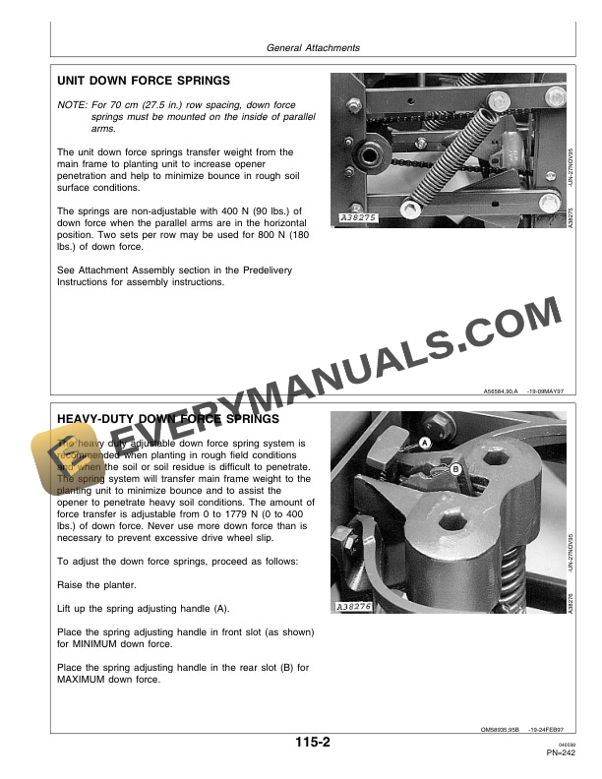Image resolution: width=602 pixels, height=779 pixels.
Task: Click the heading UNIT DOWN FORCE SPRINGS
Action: click(x=144, y=80)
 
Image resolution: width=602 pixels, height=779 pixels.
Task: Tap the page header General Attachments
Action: click(x=313, y=47)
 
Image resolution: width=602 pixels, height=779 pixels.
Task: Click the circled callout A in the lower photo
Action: click(x=425, y=444)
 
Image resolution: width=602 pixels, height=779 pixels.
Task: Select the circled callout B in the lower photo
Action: click(x=456, y=470)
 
